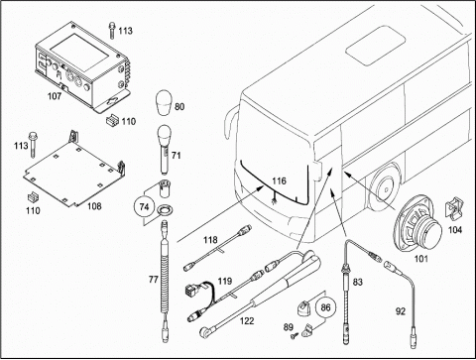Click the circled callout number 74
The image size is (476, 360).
tap(144, 207)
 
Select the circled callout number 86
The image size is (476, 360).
tap(325, 307)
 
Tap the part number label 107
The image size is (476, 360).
tap(55, 96)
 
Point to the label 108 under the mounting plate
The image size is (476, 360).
tap(94, 206)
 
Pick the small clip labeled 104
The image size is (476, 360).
tap(454, 207)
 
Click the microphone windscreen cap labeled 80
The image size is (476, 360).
tap(164, 102)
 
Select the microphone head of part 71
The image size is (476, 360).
tap(164, 133)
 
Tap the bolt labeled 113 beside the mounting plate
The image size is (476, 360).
tap(33, 144)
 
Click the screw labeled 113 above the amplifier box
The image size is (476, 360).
tap(113, 31)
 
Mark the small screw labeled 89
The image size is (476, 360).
tap(294, 336)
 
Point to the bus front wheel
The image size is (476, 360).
tap(385, 187)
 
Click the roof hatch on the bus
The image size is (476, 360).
tap(376, 46)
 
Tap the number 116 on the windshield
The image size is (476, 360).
tap(279, 180)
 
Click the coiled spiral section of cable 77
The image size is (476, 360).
tap(165, 276)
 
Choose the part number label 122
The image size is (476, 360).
tap(247, 320)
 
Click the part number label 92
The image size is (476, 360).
tap(401, 311)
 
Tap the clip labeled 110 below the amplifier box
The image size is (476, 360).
tap(112, 120)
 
